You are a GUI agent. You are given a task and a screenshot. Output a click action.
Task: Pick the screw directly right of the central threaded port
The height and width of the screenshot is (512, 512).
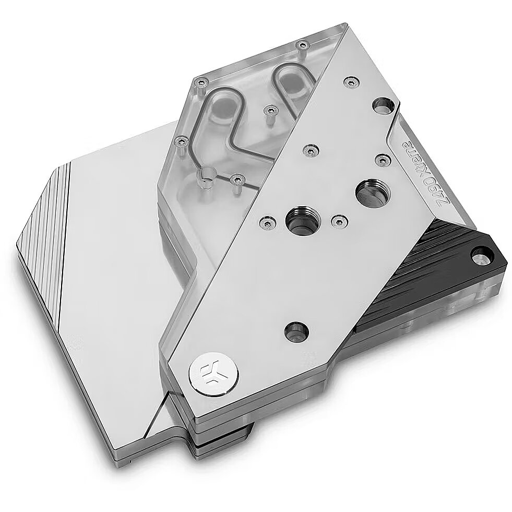pyautogui.click(x=338, y=221)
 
